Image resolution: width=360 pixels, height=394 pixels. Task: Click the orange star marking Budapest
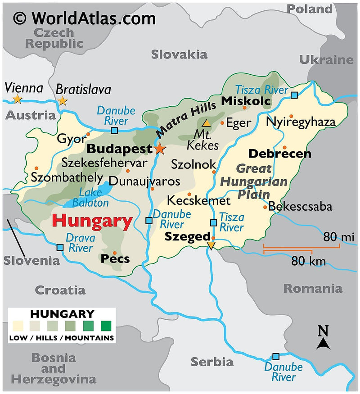coord(160,149)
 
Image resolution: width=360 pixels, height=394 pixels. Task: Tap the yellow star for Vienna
coord(18,99)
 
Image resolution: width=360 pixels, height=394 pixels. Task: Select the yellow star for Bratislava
coord(62,101)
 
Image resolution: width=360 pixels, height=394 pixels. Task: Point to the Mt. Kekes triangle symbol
coord(206,122)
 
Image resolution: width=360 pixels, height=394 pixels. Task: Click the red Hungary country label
coord(92,221)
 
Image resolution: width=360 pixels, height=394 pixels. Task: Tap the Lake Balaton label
coord(94,197)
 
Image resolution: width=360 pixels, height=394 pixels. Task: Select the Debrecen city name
coord(279,154)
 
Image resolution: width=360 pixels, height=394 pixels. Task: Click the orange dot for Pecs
coord(115,253)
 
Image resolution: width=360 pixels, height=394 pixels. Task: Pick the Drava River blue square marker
coord(60,247)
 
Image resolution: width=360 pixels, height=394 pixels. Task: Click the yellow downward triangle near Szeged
coord(211,245)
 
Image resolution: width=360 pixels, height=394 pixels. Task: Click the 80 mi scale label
coord(338,237)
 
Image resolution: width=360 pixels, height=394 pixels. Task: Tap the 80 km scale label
coord(308,260)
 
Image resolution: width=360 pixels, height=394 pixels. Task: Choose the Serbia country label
coord(212,362)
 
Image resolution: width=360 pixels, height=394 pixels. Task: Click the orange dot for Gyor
coord(88,134)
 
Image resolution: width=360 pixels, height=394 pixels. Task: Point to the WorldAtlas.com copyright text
coord(84,18)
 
